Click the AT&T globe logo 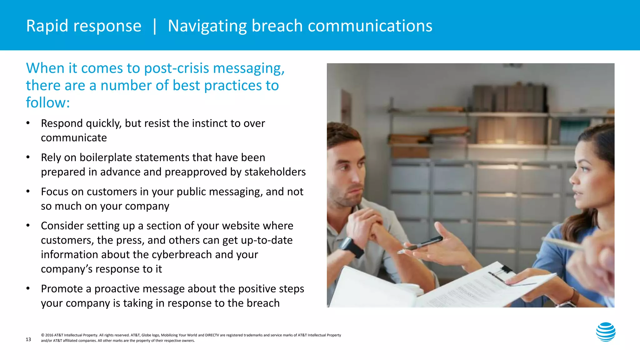tap(606, 332)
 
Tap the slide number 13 tap(28, 339)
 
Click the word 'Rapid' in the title tap(47, 26)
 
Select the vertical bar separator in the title tap(155, 26)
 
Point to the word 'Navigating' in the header tap(207, 26)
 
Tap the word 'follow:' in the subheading tap(48, 102)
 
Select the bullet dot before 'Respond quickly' tap(28, 123)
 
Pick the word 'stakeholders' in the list tap(275, 172)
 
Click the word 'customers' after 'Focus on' tap(112, 192)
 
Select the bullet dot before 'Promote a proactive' tap(28, 288)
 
